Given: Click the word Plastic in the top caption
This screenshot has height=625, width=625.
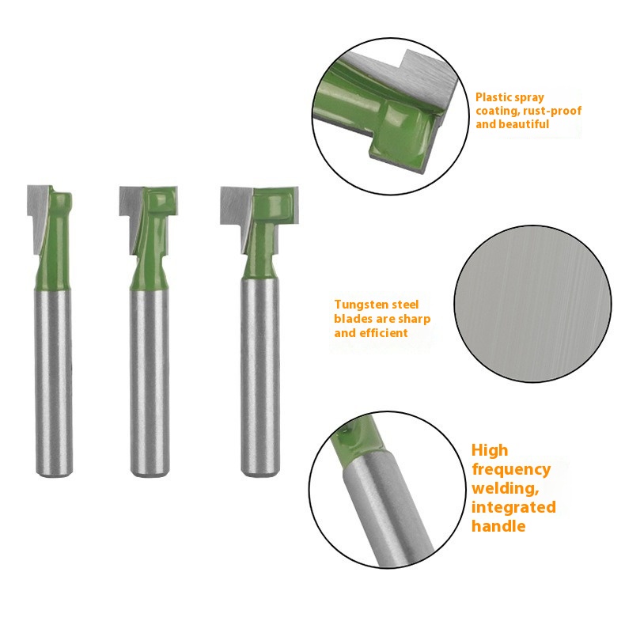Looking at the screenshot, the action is click(493, 97).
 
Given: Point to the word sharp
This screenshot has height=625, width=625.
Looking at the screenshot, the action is click(415, 319).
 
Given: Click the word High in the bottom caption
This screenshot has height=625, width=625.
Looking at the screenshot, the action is click(490, 451).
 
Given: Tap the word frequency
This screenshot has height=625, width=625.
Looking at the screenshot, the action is click(511, 470).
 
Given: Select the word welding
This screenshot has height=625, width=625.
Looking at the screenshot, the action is click(505, 488).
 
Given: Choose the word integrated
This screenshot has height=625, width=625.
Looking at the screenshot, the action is click(513, 507).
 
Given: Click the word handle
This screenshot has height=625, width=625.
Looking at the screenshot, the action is click(498, 526).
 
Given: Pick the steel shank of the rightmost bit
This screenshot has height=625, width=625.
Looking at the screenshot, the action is click(259, 377).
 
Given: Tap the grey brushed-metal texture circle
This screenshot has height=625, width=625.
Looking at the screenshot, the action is click(533, 303).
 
